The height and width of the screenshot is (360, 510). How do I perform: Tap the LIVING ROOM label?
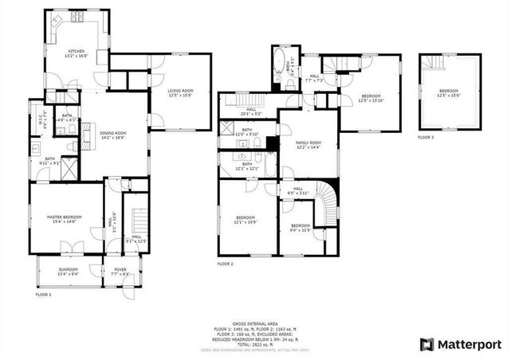(180, 94)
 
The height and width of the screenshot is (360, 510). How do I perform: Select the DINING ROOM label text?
(113, 135)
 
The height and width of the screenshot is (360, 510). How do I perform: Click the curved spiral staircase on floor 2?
(327, 198)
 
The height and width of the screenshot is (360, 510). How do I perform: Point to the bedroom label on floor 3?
(449, 93)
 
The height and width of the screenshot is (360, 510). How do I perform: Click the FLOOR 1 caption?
(43, 295)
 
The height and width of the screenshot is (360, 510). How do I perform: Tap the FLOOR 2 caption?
(226, 263)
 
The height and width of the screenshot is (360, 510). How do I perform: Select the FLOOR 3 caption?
(426, 138)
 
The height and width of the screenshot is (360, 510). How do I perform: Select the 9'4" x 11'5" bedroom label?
(300, 228)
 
